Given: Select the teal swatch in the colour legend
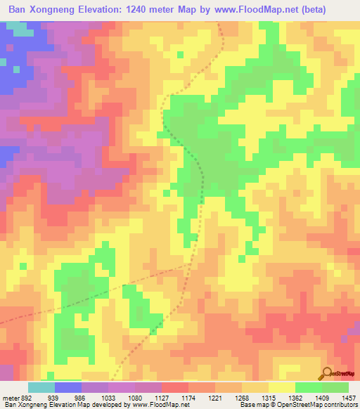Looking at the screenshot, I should click(x=41, y=387).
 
